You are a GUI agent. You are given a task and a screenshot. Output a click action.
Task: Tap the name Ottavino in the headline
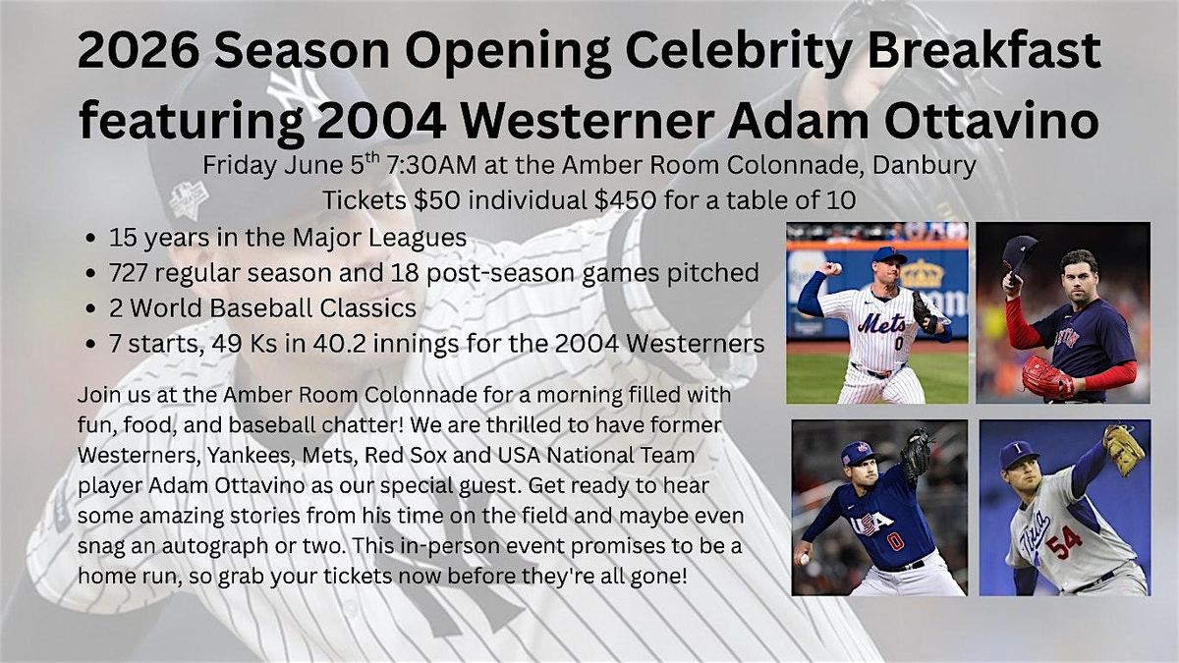click(x=991, y=122)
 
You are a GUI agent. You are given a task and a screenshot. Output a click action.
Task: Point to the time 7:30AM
click(x=430, y=165)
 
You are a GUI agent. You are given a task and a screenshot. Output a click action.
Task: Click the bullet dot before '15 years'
click(x=90, y=239)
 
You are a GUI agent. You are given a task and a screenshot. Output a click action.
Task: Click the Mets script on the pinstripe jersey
click(x=881, y=322)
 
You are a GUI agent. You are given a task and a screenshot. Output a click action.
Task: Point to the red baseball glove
click(x=1048, y=377)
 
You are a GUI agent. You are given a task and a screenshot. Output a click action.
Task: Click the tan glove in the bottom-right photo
click(x=1123, y=448)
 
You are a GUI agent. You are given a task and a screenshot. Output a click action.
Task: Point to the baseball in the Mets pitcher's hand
click(x=835, y=268)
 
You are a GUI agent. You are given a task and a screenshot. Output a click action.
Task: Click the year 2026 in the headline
click(x=139, y=50)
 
